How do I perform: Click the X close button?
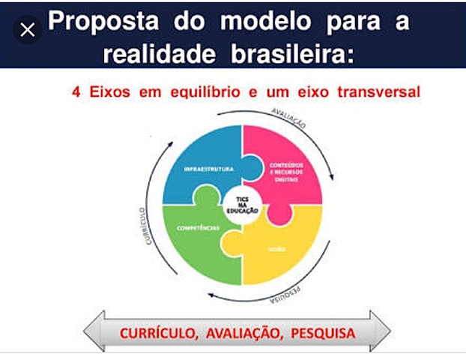pos(28,31)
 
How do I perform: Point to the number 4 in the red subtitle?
pos(75,93)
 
